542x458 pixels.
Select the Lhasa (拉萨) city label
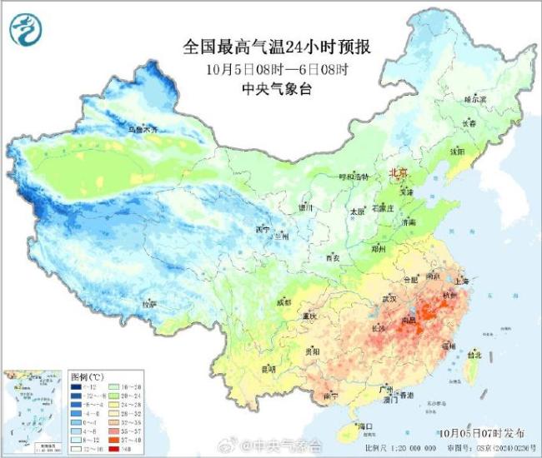tap(149, 305)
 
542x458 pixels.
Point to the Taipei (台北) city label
tap(473, 354)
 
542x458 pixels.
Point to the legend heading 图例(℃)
tap(85, 376)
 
